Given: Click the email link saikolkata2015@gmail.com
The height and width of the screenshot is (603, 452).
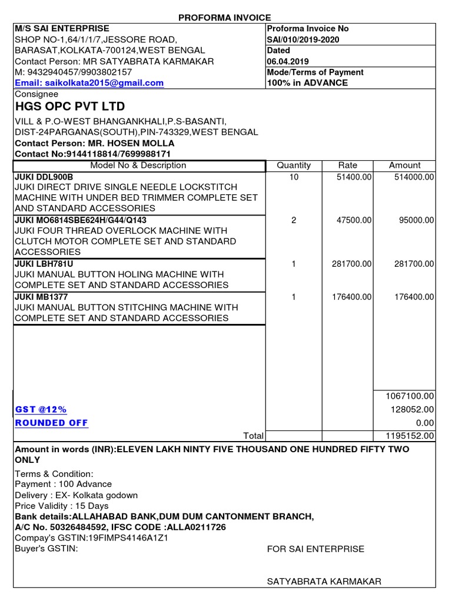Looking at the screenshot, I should (x=89, y=83).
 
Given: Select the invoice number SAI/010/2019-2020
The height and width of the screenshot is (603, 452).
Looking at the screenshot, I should (x=303, y=39).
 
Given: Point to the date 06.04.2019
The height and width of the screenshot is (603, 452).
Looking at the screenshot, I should (x=288, y=61).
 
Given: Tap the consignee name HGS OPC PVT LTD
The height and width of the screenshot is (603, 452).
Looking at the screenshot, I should (x=70, y=107).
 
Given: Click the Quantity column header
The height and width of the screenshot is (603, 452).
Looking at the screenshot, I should (x=294, y=165).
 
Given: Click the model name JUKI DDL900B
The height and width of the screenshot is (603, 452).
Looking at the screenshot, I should (x=45, y=177).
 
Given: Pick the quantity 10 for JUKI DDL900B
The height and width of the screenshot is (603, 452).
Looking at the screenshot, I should (x=294, y=177).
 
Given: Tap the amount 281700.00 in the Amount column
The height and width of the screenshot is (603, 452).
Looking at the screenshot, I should (x=414, y=264).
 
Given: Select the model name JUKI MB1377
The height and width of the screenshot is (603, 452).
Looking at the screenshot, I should (x=41, y=297).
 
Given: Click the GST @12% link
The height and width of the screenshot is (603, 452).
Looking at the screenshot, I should (x=41, y=409).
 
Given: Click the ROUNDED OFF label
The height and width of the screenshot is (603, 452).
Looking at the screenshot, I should (x=51, y=423).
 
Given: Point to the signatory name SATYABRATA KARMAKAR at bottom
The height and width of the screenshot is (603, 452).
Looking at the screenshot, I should (x=324, y=581).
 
